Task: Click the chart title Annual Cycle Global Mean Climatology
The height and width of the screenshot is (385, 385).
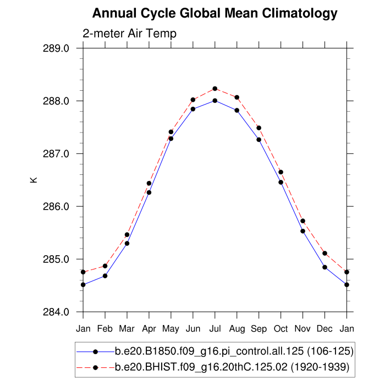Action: [215, 13]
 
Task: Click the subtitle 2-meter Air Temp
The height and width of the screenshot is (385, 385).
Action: [129, 34]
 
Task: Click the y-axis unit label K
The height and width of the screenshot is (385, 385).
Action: [35, 179]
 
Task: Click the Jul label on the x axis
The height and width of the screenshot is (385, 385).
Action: [215, 329]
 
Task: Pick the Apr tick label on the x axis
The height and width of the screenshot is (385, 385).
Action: [149, 329]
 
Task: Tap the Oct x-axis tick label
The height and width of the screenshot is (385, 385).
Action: [281, 329]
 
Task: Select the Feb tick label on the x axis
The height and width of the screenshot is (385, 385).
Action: [105, 329]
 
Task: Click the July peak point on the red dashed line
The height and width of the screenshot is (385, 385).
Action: [215, 89]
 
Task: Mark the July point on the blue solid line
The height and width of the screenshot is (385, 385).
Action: [215, 101]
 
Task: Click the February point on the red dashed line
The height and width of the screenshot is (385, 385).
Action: [105, 266]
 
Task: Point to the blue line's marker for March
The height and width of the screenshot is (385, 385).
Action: [127, 243]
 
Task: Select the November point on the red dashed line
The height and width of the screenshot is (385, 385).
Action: [303, 221]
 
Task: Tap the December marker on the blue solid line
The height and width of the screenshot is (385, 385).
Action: [325, 267]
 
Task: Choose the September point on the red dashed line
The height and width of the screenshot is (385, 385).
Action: [259, 128]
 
